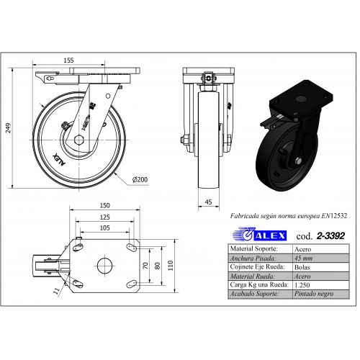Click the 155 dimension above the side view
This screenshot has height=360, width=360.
68,60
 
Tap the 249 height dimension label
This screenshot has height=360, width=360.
9,128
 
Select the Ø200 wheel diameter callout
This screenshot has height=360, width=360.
140,179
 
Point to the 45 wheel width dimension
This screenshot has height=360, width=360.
209,202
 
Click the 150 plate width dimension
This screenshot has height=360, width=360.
105,205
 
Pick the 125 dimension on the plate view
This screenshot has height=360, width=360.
105,217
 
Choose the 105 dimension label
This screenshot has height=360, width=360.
105,228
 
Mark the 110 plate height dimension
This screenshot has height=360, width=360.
171,266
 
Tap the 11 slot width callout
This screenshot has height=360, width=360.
56,291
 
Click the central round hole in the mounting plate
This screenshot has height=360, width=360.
104,266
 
